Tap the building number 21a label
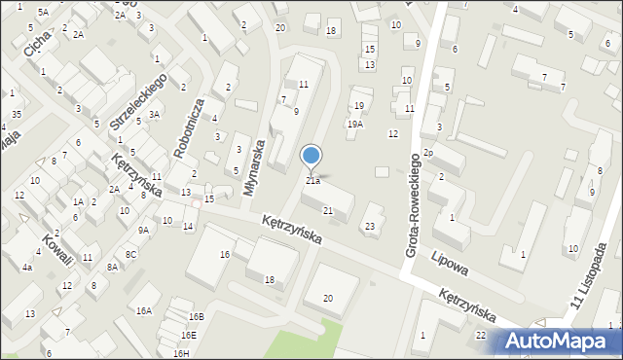point(312,181)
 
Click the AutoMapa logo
point(561,341)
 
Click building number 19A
point(355,125)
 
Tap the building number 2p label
point(427,154)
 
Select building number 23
point(369,227)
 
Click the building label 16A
point(144,311)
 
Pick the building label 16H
point(180,353)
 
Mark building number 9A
point(143,231)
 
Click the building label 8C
point(130,254)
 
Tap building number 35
point(17,115)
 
